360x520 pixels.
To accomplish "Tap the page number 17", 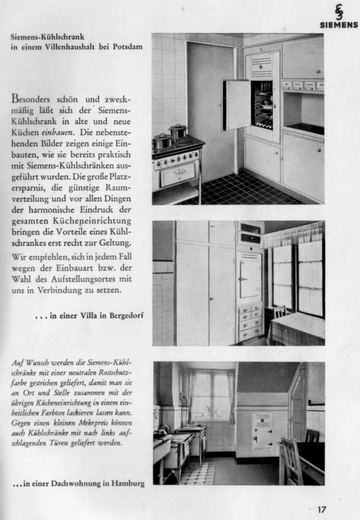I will tap(323, 509).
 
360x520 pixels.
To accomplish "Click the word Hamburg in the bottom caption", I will tap(127, 484).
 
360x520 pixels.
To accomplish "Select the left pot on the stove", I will tap(162, 141).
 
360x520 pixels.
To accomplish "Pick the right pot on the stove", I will tap(178, 131).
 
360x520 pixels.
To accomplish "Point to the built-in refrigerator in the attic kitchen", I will tap(262, 431).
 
